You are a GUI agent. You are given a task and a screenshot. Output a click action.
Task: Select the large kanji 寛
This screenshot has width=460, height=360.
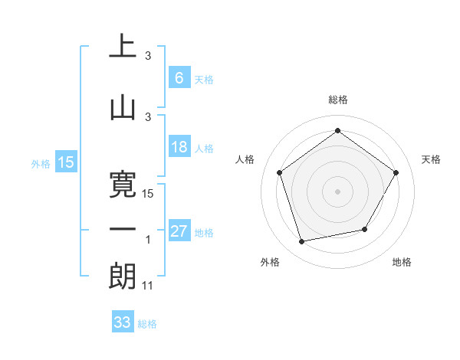click(x=123, y=181)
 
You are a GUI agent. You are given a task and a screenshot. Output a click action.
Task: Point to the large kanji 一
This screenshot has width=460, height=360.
click(x=123, y=229)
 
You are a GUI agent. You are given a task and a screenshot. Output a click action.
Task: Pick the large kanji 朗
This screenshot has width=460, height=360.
click(x=123, y=276)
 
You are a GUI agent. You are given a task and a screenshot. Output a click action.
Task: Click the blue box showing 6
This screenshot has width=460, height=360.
click(x=179, y=78)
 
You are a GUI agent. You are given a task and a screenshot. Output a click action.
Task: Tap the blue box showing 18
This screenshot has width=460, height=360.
click(x=179, y=147)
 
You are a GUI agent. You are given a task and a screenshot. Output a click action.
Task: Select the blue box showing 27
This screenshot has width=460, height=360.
click(x=179, y=231)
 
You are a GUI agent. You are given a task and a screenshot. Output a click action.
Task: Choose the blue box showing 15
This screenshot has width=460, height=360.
click(x=65, y=162)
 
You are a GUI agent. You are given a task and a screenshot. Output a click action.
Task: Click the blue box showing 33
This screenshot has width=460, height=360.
click(x=122, y=322)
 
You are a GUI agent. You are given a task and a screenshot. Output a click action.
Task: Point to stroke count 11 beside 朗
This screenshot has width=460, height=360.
click(x=149, y=286)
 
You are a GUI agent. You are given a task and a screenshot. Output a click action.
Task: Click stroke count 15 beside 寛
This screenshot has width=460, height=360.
click(x=149, y=194)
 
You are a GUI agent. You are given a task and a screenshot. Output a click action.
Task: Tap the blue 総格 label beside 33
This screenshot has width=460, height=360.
click(x=147, y=324)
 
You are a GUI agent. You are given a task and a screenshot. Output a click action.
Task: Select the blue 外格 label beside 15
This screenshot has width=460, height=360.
click(x=41, y=163)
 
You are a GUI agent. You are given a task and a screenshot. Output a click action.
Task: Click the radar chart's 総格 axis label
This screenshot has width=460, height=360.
click(x=337, y=100)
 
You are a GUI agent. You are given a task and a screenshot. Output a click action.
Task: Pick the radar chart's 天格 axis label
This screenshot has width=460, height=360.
click(x=432, y=159)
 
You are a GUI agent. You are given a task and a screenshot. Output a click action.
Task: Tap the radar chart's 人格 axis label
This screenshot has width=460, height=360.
click(x=245, y=159)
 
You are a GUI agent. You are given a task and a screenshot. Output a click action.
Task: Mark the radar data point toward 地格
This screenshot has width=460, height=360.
click(x=365, y=229)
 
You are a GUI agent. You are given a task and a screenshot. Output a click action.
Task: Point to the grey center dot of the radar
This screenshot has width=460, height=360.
click(x=337, y=191)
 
